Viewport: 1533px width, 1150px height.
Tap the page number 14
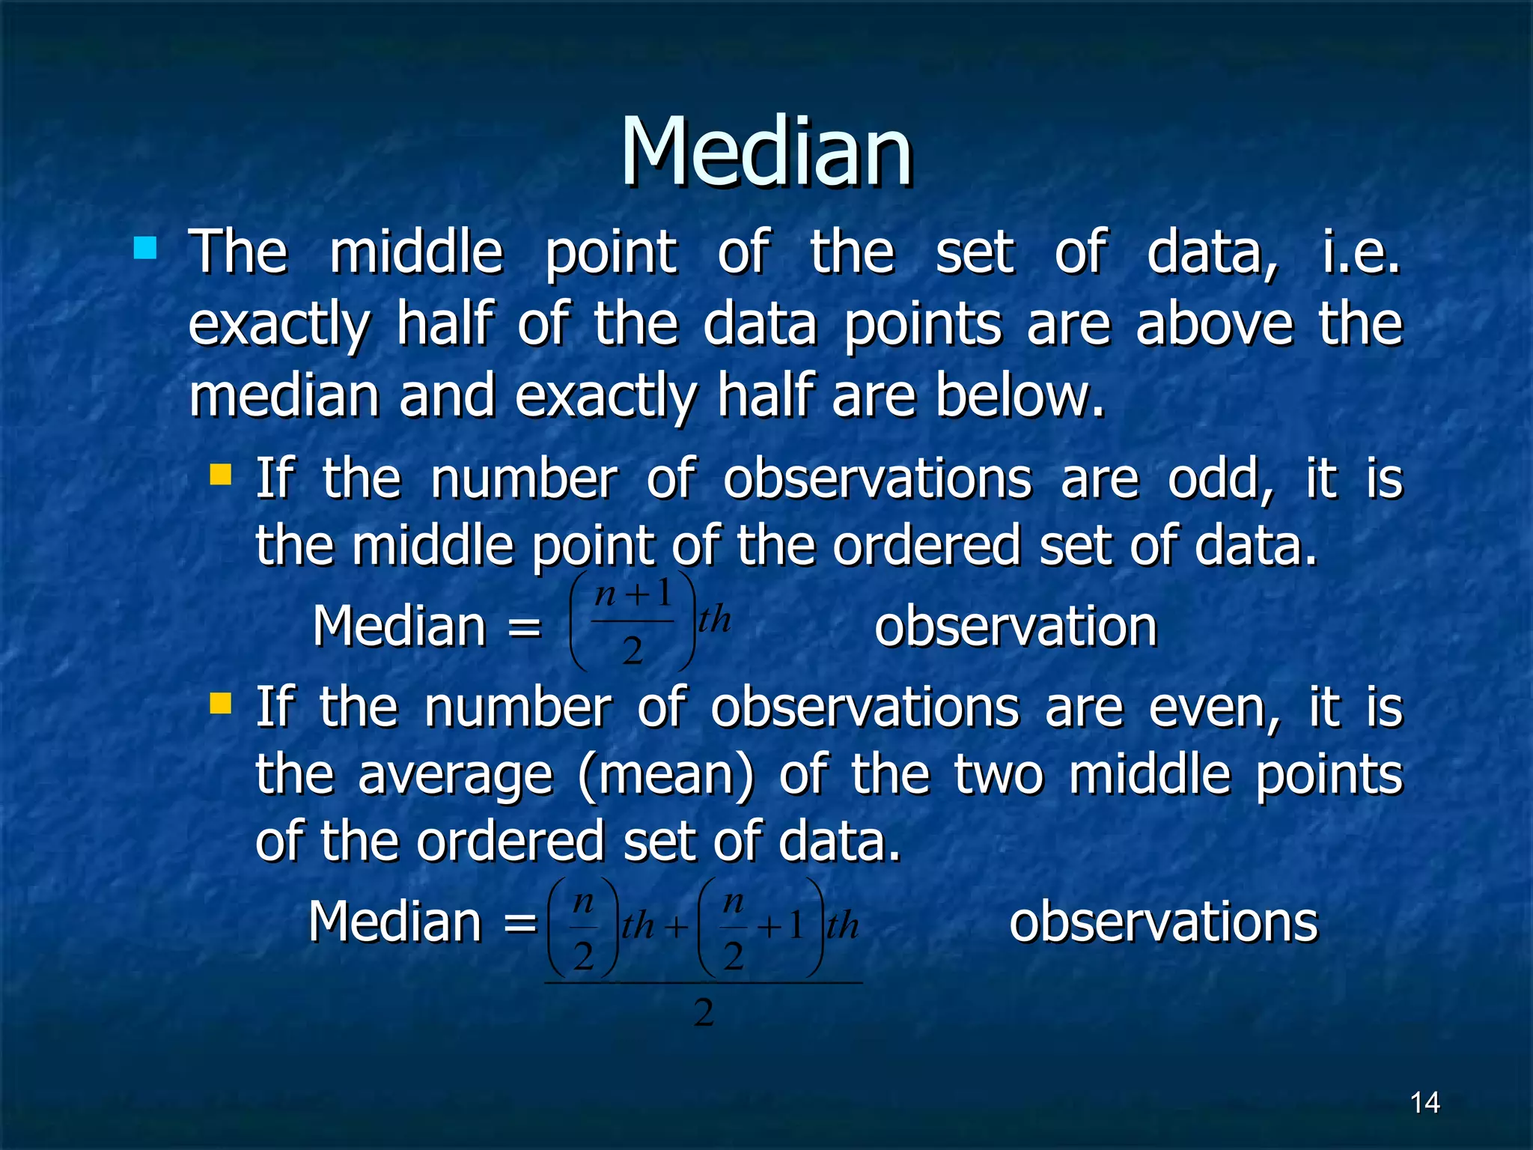(x=1424, y=1103)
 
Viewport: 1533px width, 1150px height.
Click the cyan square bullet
(x=145, y=248)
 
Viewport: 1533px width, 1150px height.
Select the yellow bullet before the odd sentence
(x=221, y=475)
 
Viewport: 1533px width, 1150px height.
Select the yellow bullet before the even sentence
(x=221, y=704)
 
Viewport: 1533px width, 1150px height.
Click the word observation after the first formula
(x=1016, y=627)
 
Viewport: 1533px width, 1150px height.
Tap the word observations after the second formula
(x=1163, y=922)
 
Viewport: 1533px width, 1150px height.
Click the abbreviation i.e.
(x=1361, y=252)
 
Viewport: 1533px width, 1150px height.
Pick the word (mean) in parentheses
(x=666, y=776)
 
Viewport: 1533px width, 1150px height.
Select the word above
(x=1214, y=325)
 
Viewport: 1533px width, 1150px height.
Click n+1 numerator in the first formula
(x=633, y=594)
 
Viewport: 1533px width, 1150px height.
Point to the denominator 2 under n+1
(x=633, y=651)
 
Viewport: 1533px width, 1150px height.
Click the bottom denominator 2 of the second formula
(x=704, y=1013)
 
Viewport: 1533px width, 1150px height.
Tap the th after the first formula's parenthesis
(x=714, y=620)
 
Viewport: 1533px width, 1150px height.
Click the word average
(x=455, y=776)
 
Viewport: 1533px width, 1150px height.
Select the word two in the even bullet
(x=998, y=776)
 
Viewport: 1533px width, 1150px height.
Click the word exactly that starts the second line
(x=279, y=325)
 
